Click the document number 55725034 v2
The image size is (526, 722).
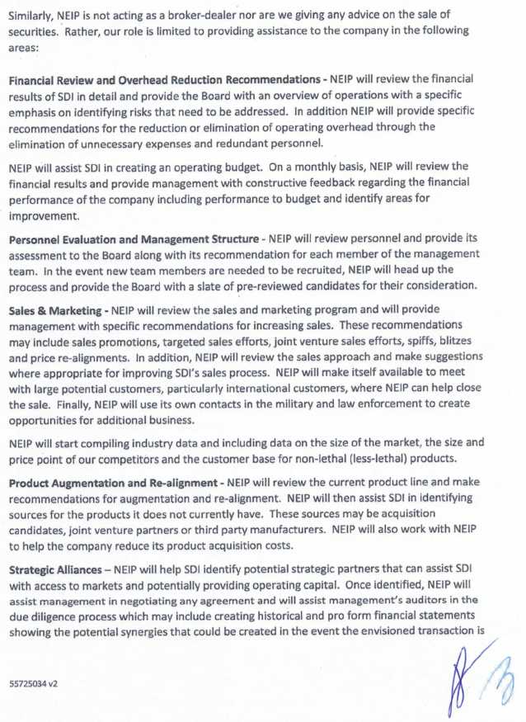pyautogui.click(x=33, y=684)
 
